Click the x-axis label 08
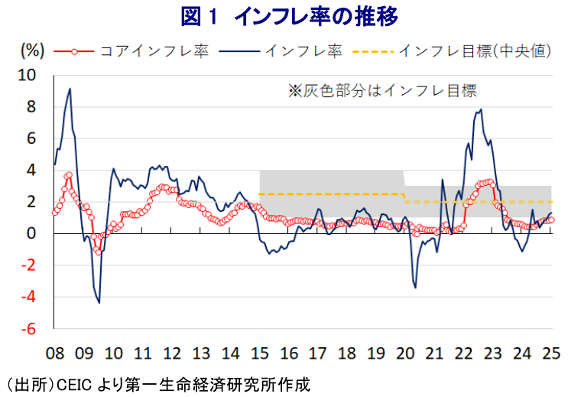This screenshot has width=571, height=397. pyautogui.click(x=54, y=354)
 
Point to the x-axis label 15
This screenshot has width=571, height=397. pyautogui.click(x=259, y=354)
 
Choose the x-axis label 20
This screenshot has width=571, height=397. pyautogui.click(x=405, y=354)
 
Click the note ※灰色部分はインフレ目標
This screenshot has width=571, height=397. pyautogui.click(x=382, y=91)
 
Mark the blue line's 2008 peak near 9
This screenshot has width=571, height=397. pyautogui.click(x=70, y=89)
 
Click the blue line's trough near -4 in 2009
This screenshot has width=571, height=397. pyautogui.click(x=99, y=303)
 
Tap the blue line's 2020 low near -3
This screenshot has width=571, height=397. pyautogui.click(x=415, y=288)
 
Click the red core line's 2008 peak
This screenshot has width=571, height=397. pyautogui.click(x=69, y=175)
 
